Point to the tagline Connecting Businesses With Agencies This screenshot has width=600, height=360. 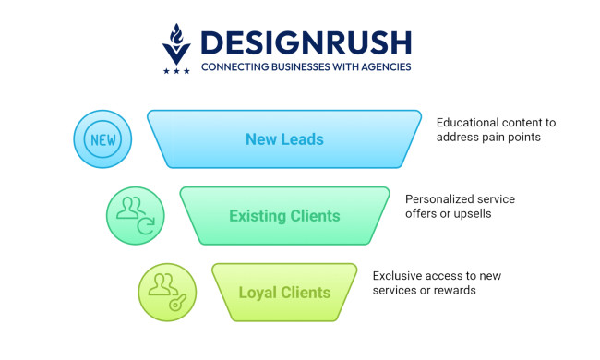point(306,66)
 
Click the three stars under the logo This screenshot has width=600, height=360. point(176,70)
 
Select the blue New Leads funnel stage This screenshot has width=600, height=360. point(284,138)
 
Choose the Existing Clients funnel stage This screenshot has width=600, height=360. point(284,216)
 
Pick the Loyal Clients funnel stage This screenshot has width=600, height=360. point(284,293)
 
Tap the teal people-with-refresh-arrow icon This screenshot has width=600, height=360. point(135,216)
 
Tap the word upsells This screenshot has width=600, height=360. point(468,214)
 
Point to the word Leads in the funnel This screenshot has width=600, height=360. point(304,139)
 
